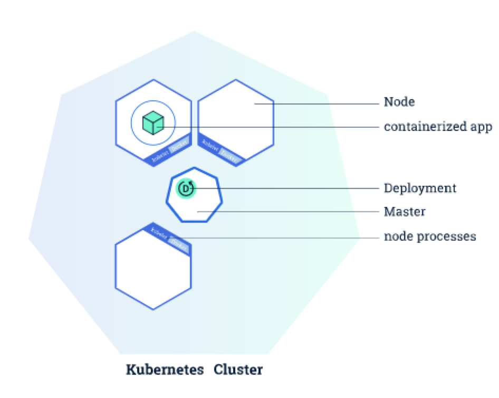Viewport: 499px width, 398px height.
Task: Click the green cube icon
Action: tap(153, 123)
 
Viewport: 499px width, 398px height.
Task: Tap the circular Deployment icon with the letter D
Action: tap(186, 188)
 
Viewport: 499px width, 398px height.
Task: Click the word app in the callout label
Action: tap(481, 127)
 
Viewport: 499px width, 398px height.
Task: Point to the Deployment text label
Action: tap(420, 188)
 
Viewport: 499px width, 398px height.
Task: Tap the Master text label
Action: tap(404, 212)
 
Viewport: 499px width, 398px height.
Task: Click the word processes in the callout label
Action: tap(451, 236)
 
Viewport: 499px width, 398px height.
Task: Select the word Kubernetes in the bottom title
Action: tap(165, 369)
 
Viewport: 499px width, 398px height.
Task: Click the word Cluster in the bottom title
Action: tap(238, 369)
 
